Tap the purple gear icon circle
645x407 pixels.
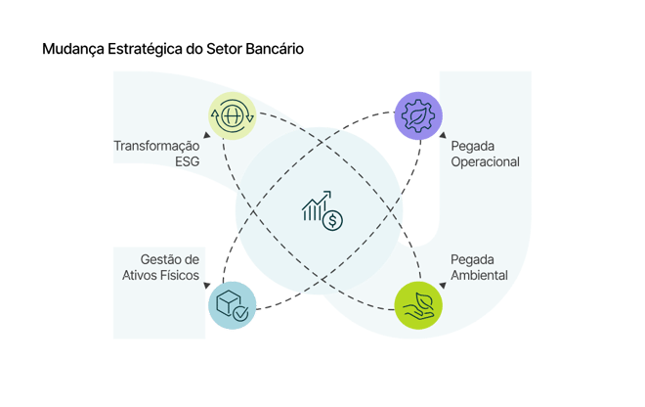point(418,116)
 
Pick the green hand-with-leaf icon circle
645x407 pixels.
point(418,304)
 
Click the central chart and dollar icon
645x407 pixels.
point(322,209)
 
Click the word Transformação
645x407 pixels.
point(157,146)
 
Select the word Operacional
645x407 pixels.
point(485,161)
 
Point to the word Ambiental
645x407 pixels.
point(479,276)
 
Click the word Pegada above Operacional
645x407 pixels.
point(471,145)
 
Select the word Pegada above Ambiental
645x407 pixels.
point(471,259)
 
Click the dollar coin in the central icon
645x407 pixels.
point(334,220)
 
